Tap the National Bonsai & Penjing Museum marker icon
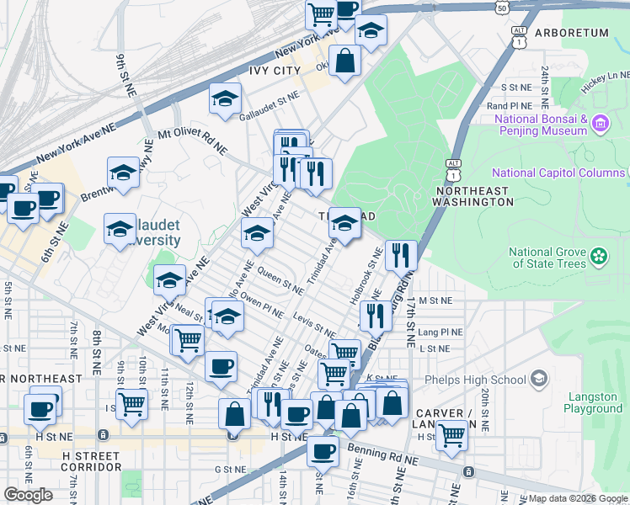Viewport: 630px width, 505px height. pos(600,125)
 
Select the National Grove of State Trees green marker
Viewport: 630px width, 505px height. pos(599,255)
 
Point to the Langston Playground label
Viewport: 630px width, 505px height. pos(593,402)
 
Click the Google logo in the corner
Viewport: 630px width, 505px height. pos(29,494)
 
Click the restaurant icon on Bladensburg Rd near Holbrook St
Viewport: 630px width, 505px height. pos(401,253)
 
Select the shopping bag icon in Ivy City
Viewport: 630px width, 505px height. pos(344,60)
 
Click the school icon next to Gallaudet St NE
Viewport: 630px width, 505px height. pos(225,99)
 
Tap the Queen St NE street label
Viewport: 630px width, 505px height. pos(280,281)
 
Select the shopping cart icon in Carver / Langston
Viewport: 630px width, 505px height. pos(452,435)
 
